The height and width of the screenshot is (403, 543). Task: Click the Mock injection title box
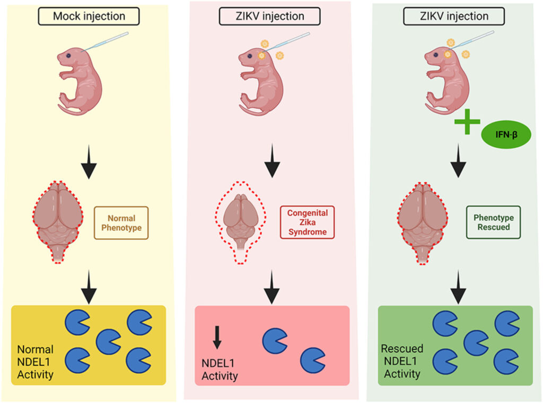89,16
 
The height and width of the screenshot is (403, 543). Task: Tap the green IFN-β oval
506,135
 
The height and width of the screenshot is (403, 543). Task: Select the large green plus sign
467,121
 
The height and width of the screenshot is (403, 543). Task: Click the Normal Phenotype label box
121,223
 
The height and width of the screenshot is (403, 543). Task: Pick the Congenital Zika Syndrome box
307,222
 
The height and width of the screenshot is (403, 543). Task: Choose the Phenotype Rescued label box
494,222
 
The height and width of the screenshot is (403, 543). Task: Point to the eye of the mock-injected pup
68,56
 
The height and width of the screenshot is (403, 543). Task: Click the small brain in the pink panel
241,221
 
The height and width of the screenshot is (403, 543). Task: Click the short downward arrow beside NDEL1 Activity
217,337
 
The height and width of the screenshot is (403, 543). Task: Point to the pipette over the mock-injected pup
105,42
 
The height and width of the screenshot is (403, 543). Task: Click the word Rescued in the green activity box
402,348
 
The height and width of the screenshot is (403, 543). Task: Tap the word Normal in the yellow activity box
36,350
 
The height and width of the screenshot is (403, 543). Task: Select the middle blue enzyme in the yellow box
108,342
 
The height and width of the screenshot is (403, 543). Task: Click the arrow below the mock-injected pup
89,162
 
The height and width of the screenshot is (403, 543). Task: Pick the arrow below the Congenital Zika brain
272,287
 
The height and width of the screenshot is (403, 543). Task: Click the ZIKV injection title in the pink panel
270,16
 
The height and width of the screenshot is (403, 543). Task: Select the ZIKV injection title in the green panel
454,16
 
